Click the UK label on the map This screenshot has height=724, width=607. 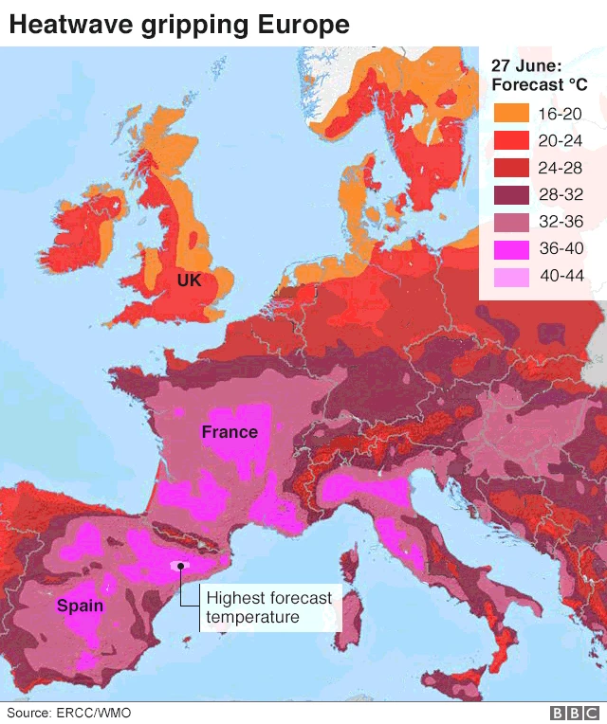189,281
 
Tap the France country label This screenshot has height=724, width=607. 230,432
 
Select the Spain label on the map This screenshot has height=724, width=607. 80,605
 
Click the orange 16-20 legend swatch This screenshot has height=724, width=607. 511,114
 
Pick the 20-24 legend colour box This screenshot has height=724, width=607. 511,141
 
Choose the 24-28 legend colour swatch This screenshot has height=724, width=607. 511,169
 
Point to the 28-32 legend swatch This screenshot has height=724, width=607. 511,196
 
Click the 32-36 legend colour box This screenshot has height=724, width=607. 511,224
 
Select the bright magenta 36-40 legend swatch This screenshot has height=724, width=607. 511,250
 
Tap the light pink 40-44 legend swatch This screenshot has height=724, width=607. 511,278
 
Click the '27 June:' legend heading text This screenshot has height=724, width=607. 526,65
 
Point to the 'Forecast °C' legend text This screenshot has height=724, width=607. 539,85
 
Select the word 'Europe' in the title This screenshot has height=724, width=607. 307,25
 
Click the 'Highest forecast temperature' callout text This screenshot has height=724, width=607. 268,607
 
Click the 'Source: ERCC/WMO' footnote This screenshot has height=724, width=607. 69,712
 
